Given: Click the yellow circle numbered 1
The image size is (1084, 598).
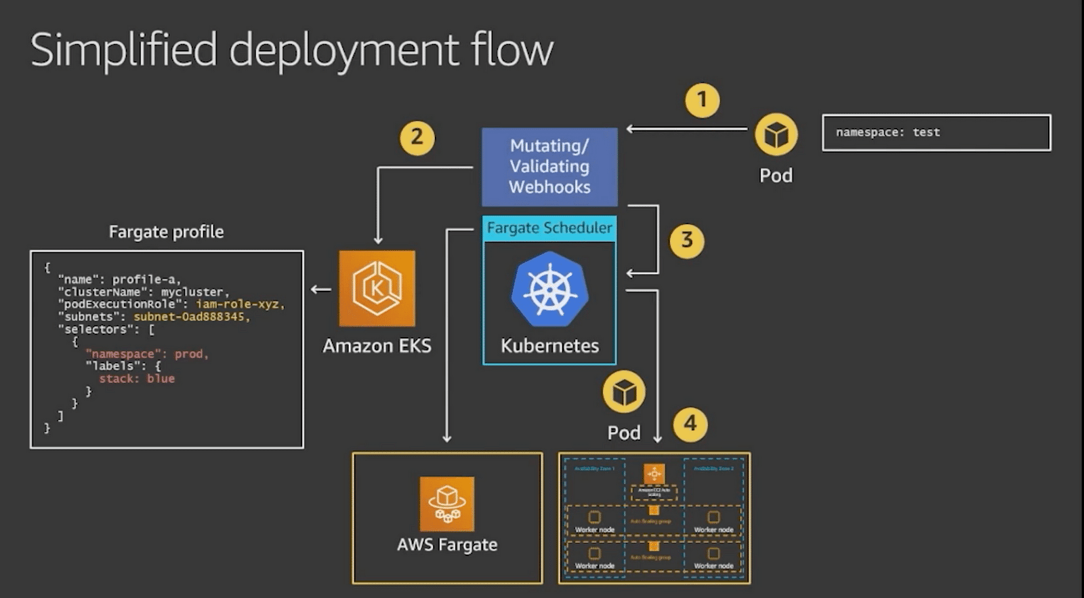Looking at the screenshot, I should pos(702,100).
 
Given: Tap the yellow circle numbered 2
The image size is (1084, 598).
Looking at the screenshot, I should pos(417,138).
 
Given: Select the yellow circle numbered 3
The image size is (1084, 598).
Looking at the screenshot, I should pos(686,241).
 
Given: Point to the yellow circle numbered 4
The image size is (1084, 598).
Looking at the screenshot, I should pos(690,424).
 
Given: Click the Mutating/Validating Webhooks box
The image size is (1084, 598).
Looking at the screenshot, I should pos(549,167).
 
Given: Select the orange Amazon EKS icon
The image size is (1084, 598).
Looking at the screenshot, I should pos(377,289).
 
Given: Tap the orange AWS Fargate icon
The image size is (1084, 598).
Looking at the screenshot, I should pos(446,504).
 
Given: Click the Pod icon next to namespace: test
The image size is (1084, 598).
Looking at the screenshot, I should pos(776,135).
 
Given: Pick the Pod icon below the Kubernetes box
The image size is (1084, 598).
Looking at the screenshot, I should pos(623,392).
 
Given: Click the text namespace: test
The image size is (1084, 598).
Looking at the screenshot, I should pos(888,133).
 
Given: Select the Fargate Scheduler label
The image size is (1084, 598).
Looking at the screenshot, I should pos(549,228).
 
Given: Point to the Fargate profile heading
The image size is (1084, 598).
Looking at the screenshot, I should pos(166,232).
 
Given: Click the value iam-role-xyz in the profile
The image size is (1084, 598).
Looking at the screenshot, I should pos(240,304).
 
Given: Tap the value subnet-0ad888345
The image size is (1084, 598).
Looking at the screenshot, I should pos(192,317).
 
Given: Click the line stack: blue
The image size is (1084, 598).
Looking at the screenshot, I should pos(137,379).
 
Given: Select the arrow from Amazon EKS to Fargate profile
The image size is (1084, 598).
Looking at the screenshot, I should pos(320,290).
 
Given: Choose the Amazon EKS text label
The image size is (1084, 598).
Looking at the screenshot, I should pos(377,346).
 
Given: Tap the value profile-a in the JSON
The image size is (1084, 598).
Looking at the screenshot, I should pos(146,279).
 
